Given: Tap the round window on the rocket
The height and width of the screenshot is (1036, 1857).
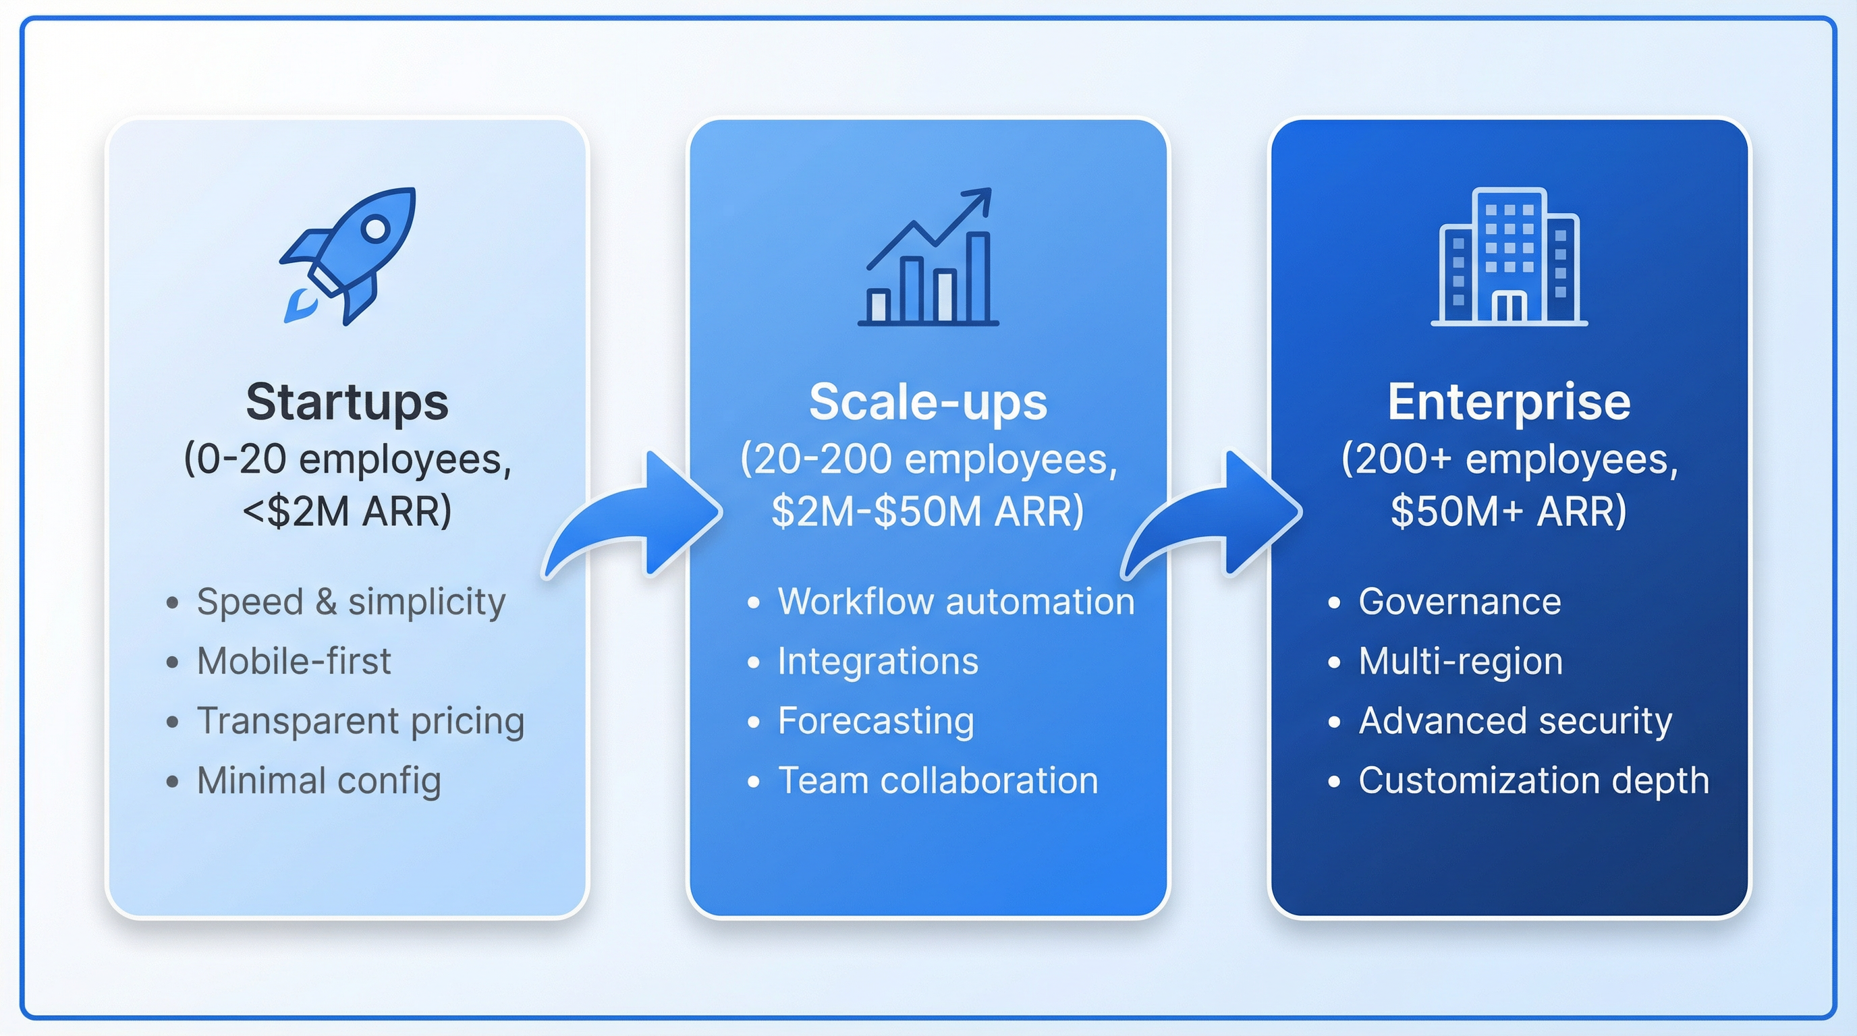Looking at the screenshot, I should point(376,229).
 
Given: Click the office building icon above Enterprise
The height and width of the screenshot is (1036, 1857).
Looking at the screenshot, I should point(1509,257).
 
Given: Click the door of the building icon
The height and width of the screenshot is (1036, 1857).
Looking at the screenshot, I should point(1509,307).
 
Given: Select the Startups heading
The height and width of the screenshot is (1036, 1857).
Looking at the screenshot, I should point(347,402).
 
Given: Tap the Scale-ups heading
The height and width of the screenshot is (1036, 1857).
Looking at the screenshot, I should point(928,402).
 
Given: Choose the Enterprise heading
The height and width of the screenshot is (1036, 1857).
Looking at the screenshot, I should point(1509,402).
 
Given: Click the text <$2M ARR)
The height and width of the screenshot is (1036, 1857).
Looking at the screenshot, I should point(347,511).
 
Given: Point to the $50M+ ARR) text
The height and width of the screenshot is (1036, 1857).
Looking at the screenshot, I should point(1509,511).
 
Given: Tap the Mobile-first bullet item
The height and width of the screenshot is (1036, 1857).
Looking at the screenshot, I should point(294,662).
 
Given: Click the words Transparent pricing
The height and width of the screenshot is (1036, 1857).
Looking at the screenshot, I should point(360,721).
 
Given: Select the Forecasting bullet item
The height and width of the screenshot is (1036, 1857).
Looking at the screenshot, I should point(876,721).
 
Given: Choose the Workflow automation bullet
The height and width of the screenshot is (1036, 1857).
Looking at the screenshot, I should point(956,602).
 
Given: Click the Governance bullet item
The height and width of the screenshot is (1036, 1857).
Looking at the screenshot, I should point(1460,602).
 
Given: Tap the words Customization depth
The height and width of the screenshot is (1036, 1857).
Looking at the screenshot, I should point(1534,781).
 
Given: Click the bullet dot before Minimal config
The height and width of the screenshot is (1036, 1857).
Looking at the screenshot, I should point(171,782).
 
